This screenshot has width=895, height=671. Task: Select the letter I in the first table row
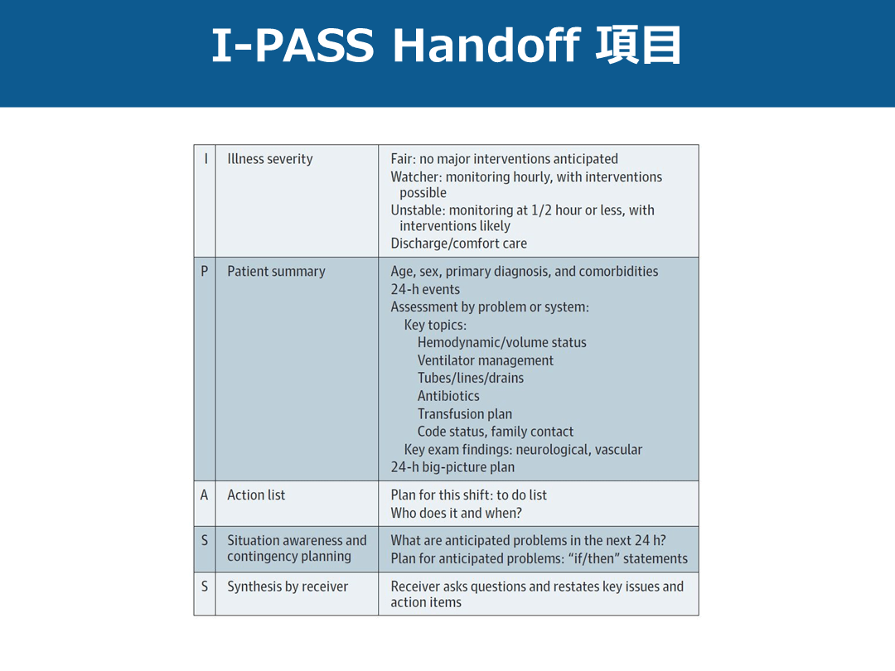tap(205, 159)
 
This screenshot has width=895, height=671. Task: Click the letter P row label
tap(205, 271)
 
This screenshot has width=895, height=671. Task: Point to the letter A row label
tap(204, 495)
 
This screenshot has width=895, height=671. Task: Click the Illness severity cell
tap(270, 159)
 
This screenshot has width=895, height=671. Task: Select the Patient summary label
tap(276, 271)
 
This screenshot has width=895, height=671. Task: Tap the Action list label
tap(256, 495)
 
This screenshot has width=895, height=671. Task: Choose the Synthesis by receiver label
tap(288, 587)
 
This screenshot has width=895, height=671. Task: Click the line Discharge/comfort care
tap(458, 244)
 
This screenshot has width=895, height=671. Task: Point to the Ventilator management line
tap(486, 360)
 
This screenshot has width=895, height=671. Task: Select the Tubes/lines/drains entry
tap(471, 378)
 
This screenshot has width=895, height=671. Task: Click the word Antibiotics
tap(448, 396)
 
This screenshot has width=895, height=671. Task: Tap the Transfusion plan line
tap(465, 414)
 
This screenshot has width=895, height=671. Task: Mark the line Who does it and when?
tap(456, 513)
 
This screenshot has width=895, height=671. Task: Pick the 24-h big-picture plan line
tap(452, 467)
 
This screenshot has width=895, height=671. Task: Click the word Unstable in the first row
tap(418, 210)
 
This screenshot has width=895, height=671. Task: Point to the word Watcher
tap(415, 176)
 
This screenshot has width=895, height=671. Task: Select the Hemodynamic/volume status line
tap(502, 342)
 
